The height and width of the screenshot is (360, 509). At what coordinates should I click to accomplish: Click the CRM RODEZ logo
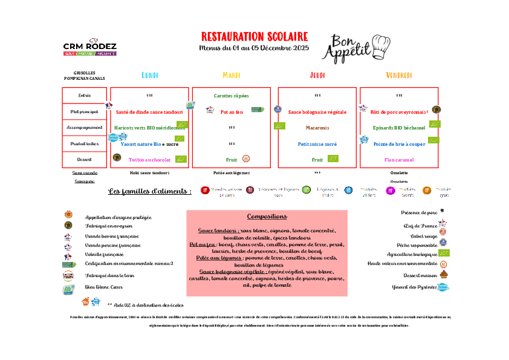tap(89, 47)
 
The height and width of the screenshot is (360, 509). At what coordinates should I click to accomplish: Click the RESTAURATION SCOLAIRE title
tap(254, 37)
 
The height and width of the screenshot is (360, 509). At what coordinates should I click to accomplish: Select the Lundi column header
tap(150, 75)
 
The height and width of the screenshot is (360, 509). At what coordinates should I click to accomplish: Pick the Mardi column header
tap(232, 75)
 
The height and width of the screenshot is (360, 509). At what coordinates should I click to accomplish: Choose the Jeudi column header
tap(317, 75)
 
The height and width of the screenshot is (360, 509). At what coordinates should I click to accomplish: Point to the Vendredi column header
tap(399, 75)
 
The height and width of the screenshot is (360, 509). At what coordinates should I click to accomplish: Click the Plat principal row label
tap(85, 112)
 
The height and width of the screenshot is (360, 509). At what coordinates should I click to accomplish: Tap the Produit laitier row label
tap(85, 144)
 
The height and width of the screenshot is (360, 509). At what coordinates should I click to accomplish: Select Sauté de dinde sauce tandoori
tap(149, 112)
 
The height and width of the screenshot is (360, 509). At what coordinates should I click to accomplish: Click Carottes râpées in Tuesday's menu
tap(232, 96)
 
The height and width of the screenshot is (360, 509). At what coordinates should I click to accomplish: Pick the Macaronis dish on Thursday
tap(317, 128)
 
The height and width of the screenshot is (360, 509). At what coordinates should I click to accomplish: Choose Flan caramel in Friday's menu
tap(399, 160)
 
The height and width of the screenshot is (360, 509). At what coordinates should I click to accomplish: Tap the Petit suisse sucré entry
tap(317, 144)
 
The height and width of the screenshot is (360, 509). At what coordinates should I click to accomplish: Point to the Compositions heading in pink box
tap(267, 217)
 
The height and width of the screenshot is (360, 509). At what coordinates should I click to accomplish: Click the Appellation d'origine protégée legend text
tap(118, 217)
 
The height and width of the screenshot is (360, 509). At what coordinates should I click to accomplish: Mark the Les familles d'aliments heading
tap(150, 191)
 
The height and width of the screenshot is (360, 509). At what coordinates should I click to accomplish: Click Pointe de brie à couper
tap(399, 144)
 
